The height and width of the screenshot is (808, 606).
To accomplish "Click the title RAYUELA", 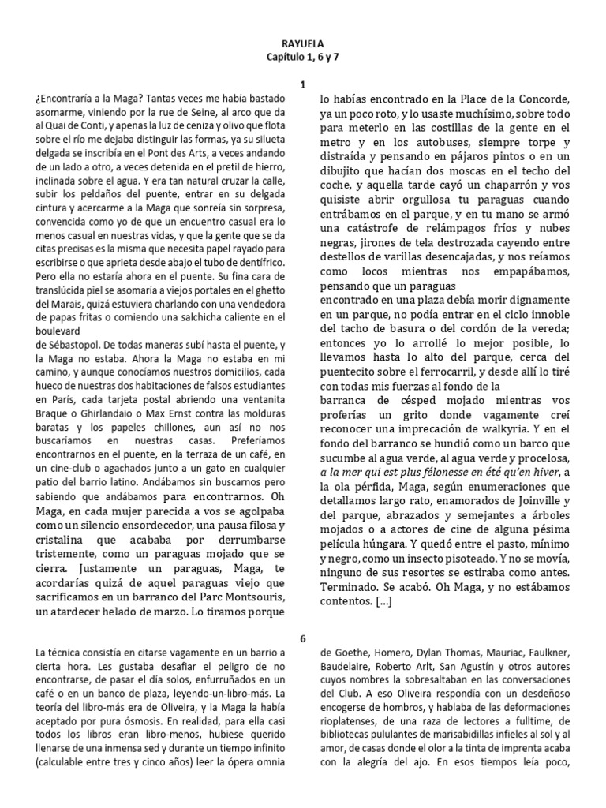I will pyautogui.click(x=303, y=46).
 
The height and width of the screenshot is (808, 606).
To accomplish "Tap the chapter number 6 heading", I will pyautogui.click(x=303, y=638).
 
